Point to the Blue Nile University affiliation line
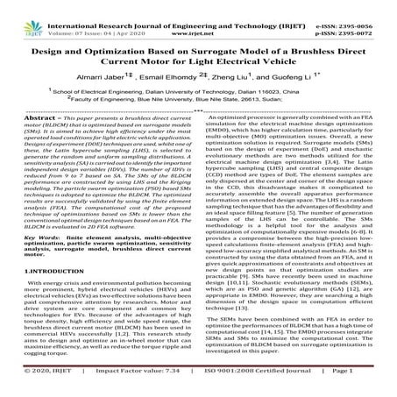coord(197,100)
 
